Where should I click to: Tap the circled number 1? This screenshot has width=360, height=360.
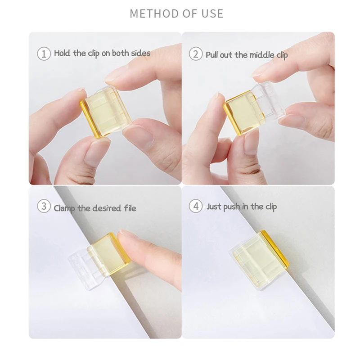click(x=44, y=54)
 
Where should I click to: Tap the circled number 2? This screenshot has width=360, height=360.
click(x=195, y=54)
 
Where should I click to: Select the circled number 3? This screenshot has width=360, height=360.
click(x=44, y=207)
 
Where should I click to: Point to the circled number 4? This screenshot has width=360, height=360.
click(x=195, y=207)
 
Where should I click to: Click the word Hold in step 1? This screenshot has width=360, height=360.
click(x=63, y=53)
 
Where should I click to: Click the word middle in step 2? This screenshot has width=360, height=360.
click(x=261, y=55)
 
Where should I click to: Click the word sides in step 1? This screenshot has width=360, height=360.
click(x=140, y=53)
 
